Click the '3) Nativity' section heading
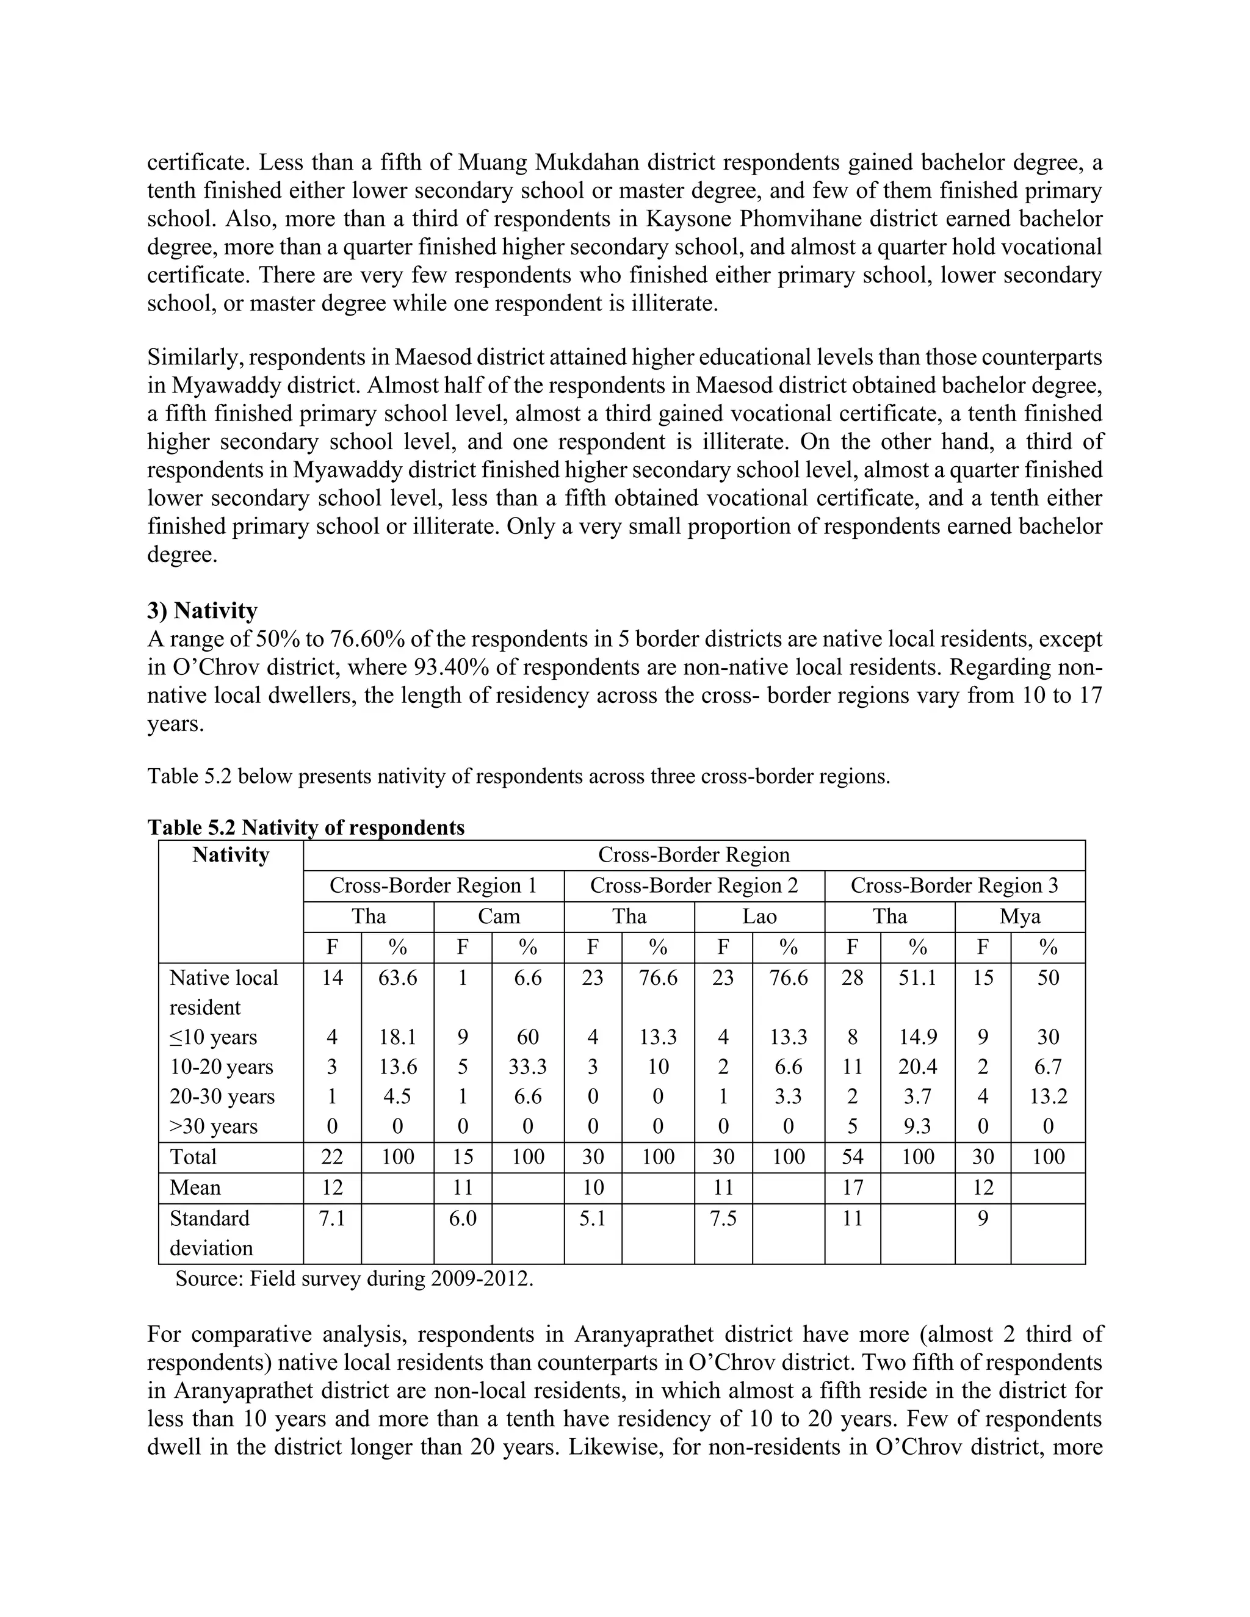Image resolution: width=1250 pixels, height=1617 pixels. click(202, 611)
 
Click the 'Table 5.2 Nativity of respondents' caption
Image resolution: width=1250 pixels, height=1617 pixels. click(306, 827)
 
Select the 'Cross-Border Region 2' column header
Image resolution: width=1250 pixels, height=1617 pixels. click(694, 885)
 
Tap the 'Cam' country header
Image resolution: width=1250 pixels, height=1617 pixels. click(499, 917)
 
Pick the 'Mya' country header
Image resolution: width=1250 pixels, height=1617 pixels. click(1020, 917)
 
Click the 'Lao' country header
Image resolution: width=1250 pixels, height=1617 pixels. click(759, 917)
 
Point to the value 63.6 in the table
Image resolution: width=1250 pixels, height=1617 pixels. click(398, 978)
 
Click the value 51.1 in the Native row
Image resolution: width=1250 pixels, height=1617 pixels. click(917, 978)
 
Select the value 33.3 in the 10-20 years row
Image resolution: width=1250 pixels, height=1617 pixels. click(527, 1067)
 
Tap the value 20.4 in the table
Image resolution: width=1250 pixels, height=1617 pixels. click(917, 1067)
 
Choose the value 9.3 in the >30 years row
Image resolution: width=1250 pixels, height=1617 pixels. click(917, 1126)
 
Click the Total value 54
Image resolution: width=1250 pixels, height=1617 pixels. click(852, 1156)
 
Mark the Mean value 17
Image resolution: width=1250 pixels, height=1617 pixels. click(852, 1187)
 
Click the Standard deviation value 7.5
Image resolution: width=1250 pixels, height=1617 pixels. click(723, 1219)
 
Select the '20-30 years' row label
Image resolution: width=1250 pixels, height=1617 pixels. click(222, 1097)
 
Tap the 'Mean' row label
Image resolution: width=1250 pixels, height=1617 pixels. click(195, 1187)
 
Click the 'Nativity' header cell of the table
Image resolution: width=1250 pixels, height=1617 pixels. click(230, 855)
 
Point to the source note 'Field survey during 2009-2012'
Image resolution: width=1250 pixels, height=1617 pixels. click(354, 1278)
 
